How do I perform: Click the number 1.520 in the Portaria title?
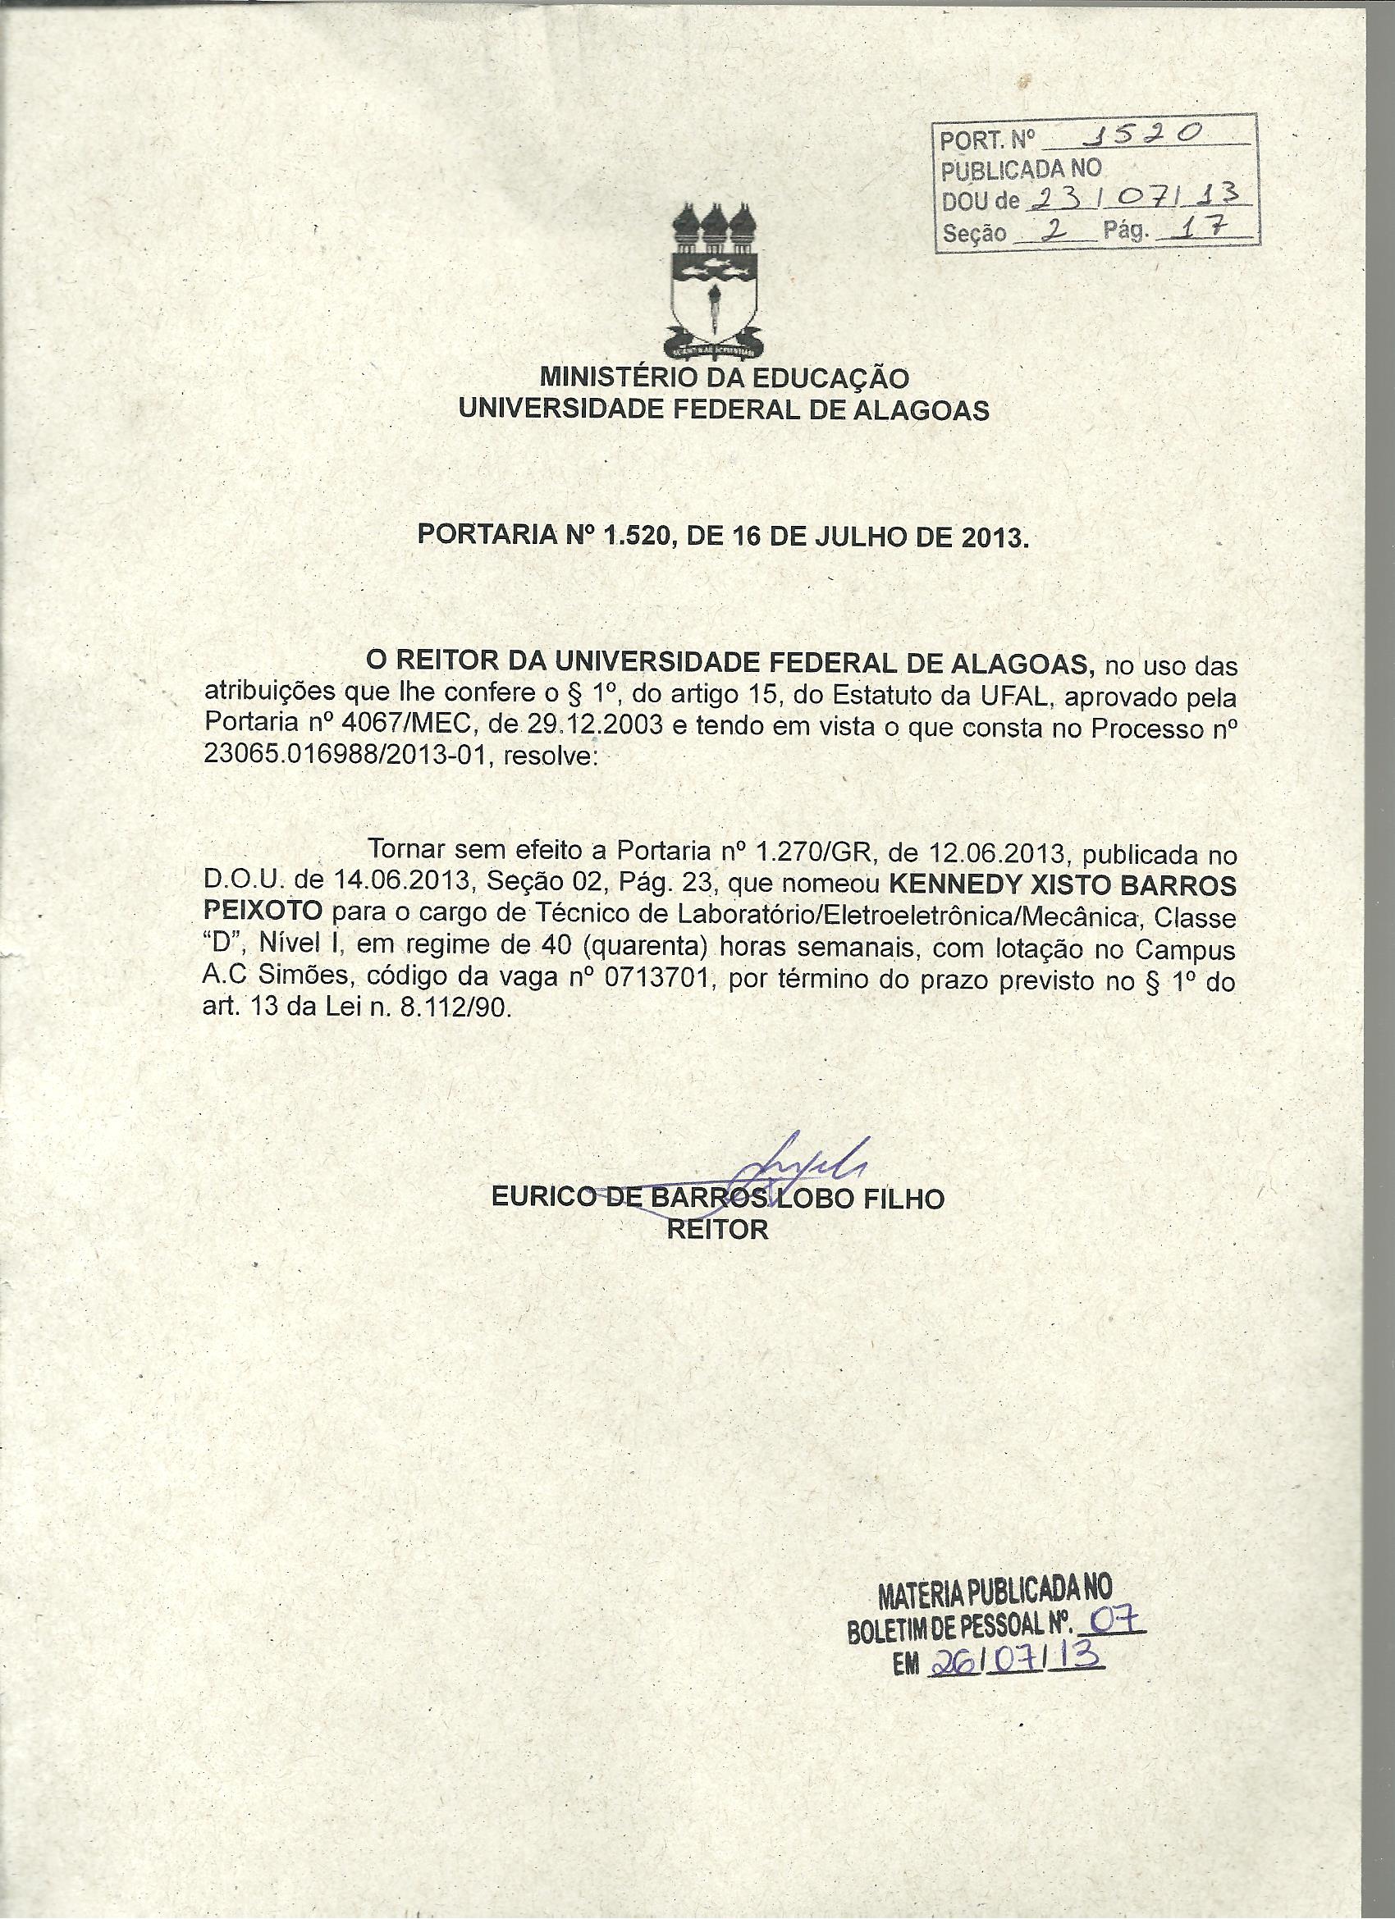pos(637,537)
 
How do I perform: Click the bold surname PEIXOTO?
pos(263,911)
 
